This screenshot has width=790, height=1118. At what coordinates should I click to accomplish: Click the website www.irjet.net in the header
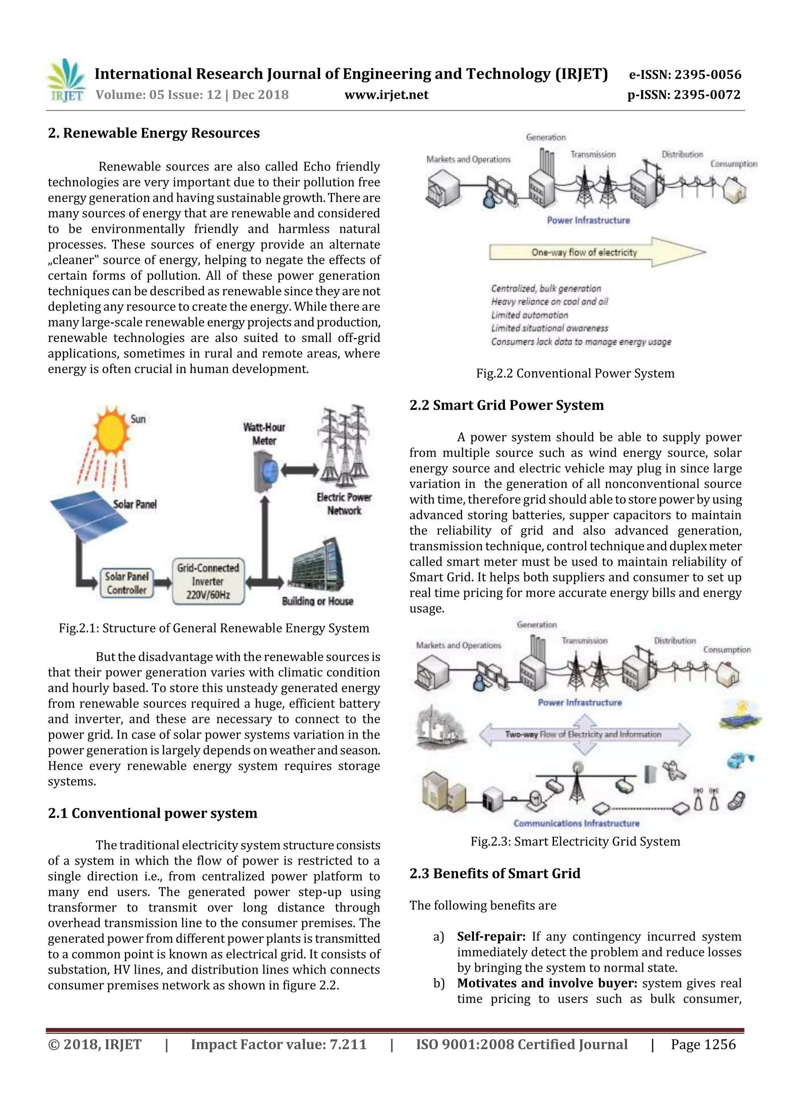click(x=386, y=95)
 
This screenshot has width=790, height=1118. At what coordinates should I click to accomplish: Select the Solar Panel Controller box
click(x=127, y=583)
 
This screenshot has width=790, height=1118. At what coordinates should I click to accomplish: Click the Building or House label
click(x=317, y=601)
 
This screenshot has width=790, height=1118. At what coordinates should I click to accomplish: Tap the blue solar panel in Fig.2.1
click(x=88, y=513)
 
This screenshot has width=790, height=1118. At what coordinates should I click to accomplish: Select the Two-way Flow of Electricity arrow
click(x=584, y=734)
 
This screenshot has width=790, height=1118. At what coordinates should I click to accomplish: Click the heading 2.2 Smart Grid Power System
click(x=506, y=405)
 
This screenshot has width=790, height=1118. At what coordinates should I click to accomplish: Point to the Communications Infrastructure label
click(x=576, y=823)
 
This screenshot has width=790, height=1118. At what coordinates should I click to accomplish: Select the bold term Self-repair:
click(x=491, y=936)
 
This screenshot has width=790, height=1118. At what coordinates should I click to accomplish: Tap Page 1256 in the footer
click(x=703, y=1044)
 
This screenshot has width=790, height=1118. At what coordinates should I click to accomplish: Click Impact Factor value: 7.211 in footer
click(x=279, y=1044)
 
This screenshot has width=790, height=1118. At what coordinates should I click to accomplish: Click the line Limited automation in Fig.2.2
click(x=530, y=315)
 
